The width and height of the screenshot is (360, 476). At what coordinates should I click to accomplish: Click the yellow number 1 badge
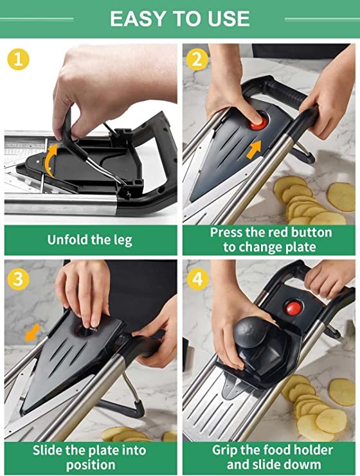tap(18, 59)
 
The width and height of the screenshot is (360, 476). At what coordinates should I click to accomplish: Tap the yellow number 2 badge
tap(197, 59)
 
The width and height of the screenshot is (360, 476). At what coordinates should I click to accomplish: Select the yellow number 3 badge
tap(18, 279)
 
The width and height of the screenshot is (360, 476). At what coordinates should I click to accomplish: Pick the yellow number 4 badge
tap(197, 279)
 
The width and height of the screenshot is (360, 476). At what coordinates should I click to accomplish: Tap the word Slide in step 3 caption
tap(46, 450)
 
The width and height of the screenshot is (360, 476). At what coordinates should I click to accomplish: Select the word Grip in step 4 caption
tap(224, 450)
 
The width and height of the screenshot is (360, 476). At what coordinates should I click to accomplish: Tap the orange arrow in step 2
tap(254, 149)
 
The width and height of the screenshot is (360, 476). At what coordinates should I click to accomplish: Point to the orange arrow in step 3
tap(32, 332)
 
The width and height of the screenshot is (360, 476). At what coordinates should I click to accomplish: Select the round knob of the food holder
tap(250, 332)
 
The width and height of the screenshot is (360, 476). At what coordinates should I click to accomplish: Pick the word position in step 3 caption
tap(91, 465)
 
